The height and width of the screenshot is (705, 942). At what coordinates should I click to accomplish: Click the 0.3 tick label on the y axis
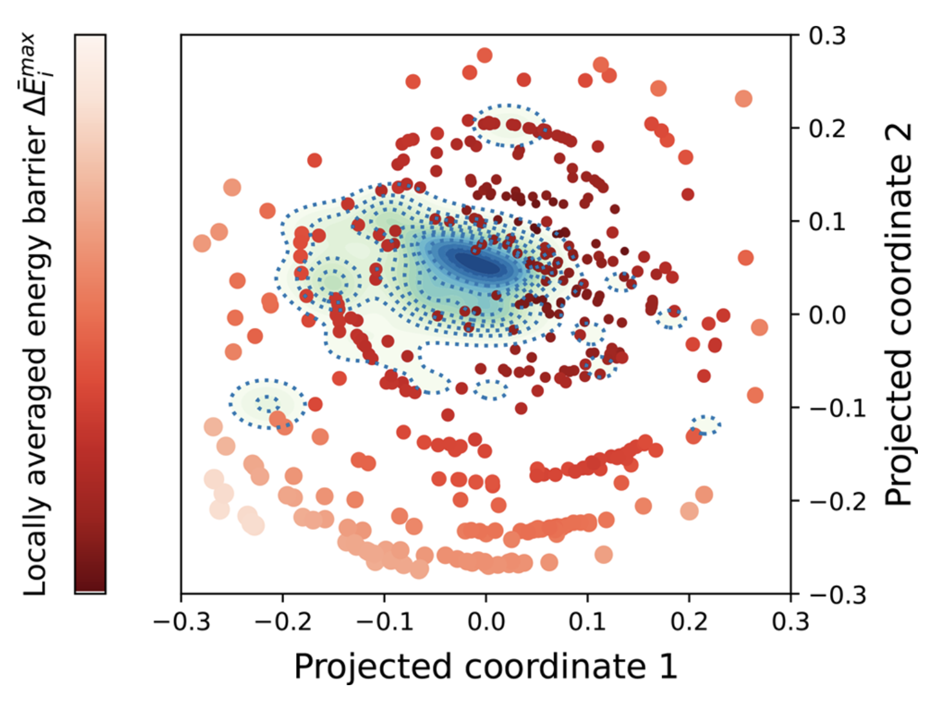click(x=827, y=36)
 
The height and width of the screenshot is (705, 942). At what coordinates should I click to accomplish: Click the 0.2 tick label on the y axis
click(x=827, y=129)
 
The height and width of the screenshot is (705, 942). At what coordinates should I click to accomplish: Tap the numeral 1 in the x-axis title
click(x=666, y=667)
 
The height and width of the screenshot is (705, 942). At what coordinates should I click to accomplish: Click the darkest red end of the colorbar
click(x=90, y=586)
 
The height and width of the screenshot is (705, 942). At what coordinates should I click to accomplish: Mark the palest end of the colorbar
click(x=90, y=40)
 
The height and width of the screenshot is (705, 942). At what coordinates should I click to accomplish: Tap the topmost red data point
click(x=484, y=55)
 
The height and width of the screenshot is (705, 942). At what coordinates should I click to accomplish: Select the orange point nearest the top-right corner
click(x=743, y=99)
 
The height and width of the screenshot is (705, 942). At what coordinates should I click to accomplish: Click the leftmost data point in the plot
click(x=202, y=243)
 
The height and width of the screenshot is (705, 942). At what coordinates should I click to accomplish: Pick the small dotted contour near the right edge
click(x=705, y=424)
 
